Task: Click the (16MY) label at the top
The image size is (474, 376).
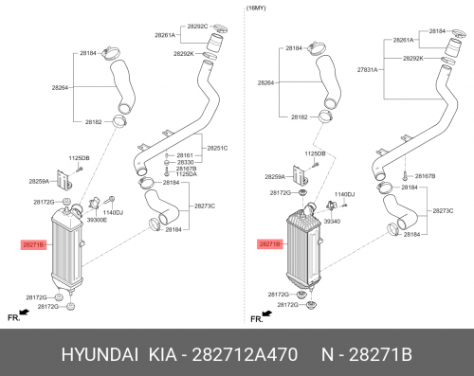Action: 256,9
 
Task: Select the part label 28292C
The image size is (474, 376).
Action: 197,27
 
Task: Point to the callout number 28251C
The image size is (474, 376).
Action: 217,148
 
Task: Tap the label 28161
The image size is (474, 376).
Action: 185,155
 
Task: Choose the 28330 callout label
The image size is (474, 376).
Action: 186,162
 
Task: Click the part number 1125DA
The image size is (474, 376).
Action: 186,174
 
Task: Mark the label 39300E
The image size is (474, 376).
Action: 97,220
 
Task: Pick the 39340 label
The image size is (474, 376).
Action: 332,222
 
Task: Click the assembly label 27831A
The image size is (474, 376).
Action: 368,70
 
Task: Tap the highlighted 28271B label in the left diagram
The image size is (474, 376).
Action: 33,244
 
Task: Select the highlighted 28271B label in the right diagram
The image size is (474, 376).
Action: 269,244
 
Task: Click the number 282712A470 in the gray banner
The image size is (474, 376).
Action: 245,354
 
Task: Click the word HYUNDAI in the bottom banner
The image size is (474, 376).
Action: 100,354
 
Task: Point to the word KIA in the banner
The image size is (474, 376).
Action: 162,354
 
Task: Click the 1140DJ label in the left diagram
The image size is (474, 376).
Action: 113,212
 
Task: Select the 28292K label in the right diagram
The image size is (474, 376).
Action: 413,59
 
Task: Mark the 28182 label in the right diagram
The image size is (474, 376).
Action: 299,117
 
